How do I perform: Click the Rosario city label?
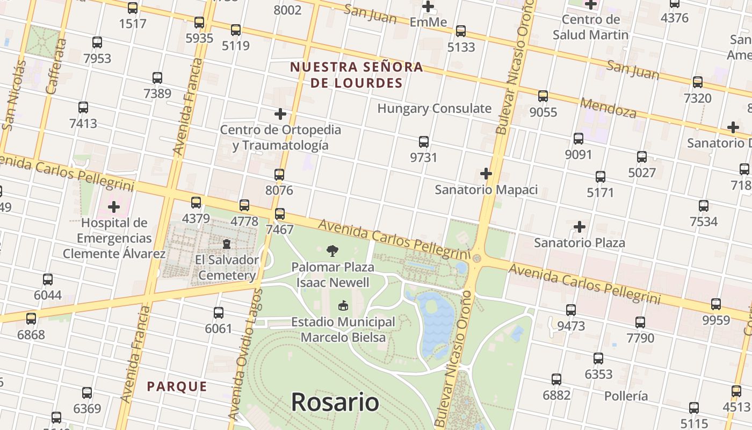click(x=335, y=402)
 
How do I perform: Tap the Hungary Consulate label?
click(x=434, y=109)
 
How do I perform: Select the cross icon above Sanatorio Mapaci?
click(x=486, y=174)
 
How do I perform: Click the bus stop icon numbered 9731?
click(x=424, y=142)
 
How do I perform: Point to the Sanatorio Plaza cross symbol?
click(x=580, y=227)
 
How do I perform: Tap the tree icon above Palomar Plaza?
click(x=332, y=250)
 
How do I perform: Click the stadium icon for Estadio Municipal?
click(x=343, y=306)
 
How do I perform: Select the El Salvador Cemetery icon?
click(x=227, y=244)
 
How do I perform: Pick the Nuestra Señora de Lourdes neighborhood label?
click(x=357, y=75)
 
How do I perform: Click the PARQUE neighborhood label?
click(x=177, y=386)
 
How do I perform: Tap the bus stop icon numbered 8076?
click(x=279, y=175)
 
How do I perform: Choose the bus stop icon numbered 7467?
click(x=280, y=214)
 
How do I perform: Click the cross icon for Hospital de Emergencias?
click(x=114, y=206)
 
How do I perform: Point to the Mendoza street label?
click(x=608, y=107)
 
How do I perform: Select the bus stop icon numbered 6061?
click(x=219, y=313)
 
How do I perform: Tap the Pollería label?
click(x=626, y=396)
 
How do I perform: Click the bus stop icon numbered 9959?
click(x=716, y=304)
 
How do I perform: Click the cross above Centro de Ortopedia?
click(x=280, y=114)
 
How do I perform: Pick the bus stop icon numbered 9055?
click(x=543, y=96)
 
